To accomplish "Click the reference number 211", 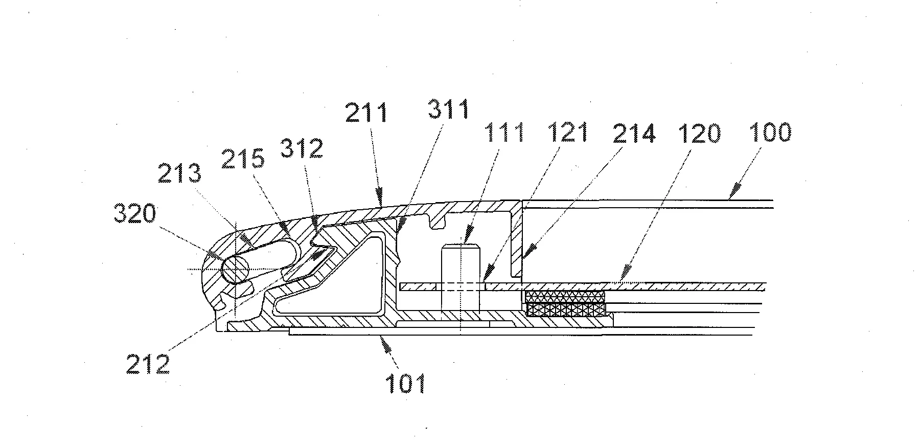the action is [x=366, y=112].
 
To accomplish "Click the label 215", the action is [x=243, y=159].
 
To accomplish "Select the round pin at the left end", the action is [x=235, y=269].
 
